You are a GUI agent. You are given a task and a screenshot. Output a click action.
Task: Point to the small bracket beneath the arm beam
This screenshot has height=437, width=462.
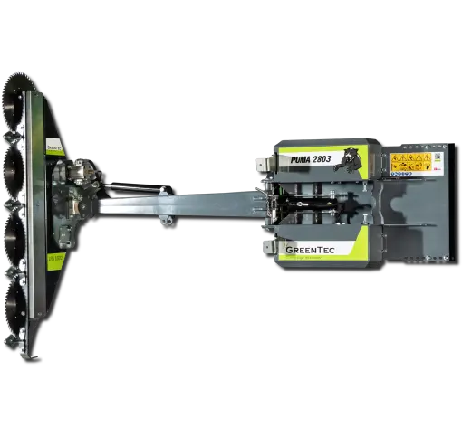coord(164,219)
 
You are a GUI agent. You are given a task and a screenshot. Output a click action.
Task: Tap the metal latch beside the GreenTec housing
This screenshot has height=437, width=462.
coord(265,245)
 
